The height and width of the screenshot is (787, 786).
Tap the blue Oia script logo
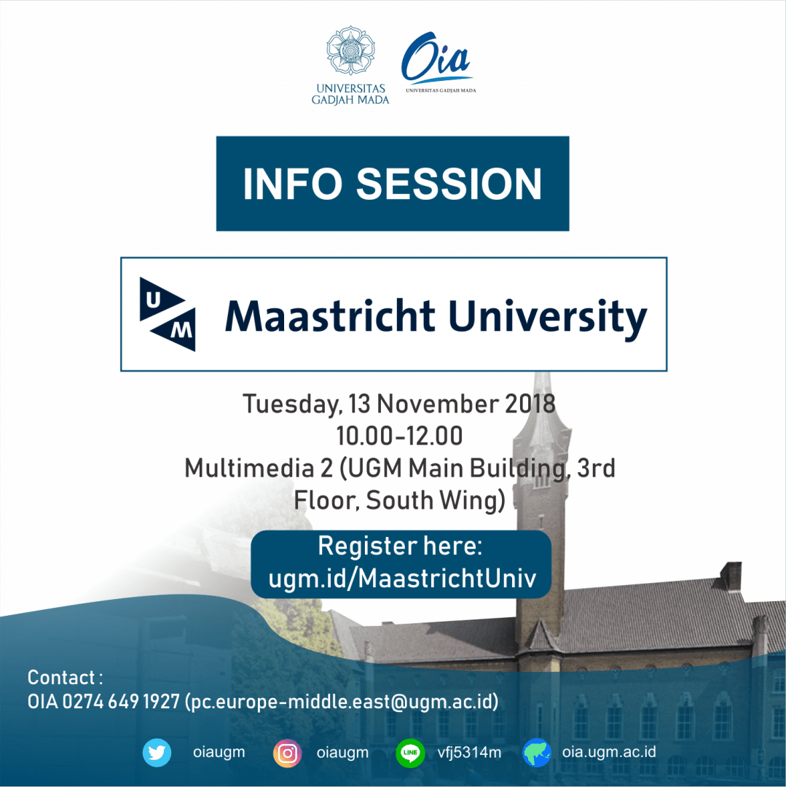coord(436,60)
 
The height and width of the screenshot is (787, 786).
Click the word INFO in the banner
coord(288,184)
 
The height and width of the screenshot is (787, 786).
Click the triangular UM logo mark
coord(168,313)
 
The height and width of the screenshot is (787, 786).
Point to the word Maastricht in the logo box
coord(330,316)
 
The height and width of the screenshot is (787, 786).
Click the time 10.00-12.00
coord(399,436)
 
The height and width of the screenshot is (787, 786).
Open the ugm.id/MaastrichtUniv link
coord(402,579)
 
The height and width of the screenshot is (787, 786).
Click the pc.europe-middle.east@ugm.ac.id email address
coord(342,702)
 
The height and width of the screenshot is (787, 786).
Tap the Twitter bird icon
coord(157,753)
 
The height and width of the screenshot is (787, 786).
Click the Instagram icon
coord(288,753)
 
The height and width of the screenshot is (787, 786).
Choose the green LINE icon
coord(410,753)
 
